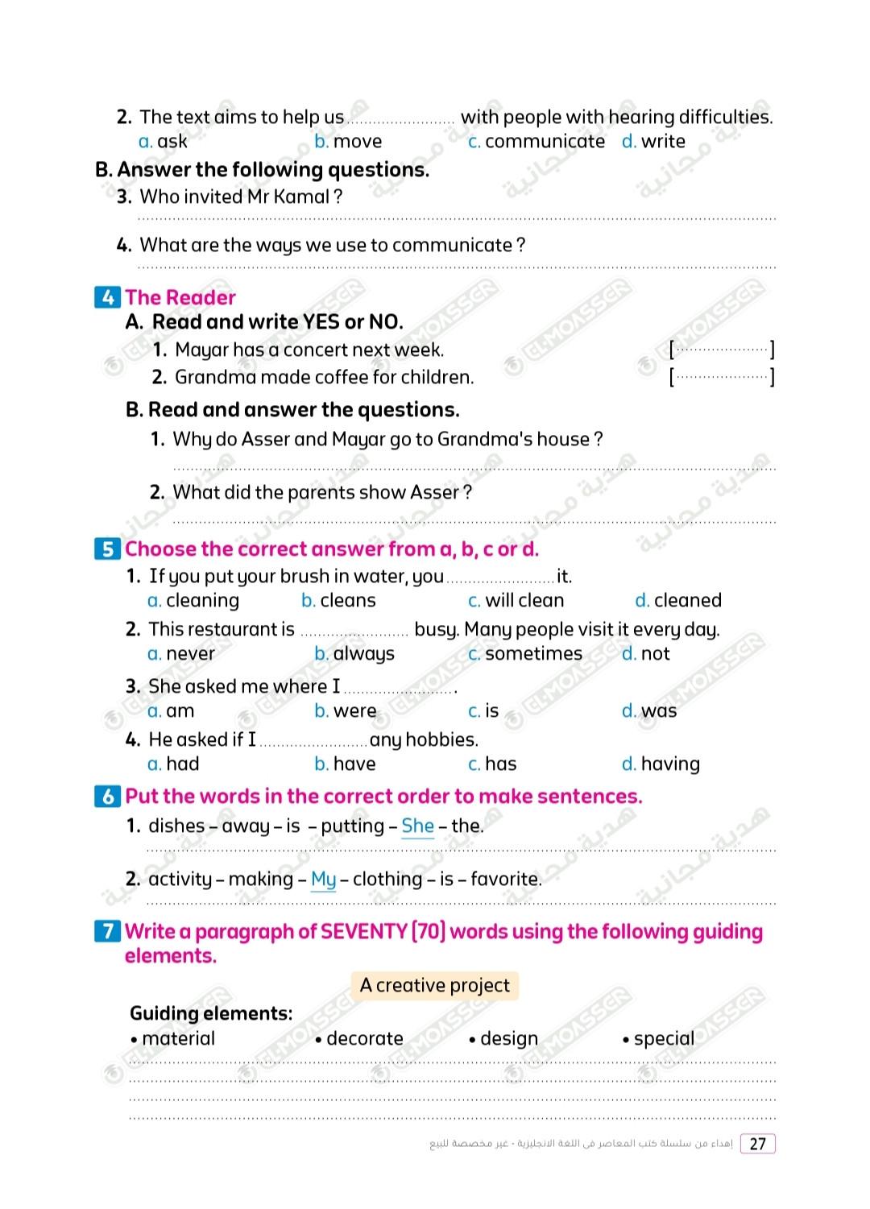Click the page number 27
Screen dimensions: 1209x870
tap(757, 1144)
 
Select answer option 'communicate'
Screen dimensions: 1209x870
tap(545, 142)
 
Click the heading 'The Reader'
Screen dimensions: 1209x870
tap(180, 298)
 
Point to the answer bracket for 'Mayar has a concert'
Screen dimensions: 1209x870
tap(722, 350)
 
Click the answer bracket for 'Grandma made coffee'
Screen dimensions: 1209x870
tap(722, 377)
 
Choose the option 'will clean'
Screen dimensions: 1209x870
tap(524, 601)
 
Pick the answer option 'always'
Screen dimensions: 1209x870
tap(363, 654)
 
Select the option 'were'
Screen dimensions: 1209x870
tap(354, 711)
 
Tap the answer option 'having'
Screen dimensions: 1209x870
tap(670, 764)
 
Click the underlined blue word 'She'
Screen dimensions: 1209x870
tap(417, 826)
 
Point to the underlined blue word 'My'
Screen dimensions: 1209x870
tap(323, 880)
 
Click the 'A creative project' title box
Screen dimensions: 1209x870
tap(435, 986)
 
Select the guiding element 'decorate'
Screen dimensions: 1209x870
tap(365, 1039)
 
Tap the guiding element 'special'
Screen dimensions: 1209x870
tap(664, 1039)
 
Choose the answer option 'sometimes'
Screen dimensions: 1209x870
tap(533, 654)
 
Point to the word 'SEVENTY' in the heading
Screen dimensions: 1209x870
tap(364, 932)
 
